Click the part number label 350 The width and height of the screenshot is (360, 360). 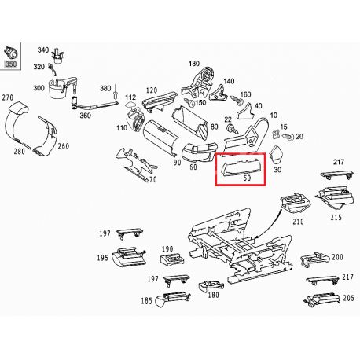click(11, 64)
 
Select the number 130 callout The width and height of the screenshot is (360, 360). click(194, 64)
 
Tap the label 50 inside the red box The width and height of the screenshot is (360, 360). click(247, 178)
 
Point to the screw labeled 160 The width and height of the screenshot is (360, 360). click(235, 100)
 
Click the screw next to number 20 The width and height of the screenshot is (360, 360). click(288, 137)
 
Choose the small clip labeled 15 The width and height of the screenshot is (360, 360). click(276, 134)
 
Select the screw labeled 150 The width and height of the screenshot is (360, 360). click(190, 103)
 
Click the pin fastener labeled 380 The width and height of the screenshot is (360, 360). click(116, 93)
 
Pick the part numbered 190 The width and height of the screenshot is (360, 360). click(172, 259)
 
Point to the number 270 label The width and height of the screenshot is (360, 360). click(7, 97)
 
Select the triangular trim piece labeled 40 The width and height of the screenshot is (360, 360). click(244, 111)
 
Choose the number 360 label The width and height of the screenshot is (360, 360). click(86, 115)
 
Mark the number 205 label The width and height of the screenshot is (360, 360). click(348, 298)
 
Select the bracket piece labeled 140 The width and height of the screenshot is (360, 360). click(218, 93)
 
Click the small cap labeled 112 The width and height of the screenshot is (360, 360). click(131, 105)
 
